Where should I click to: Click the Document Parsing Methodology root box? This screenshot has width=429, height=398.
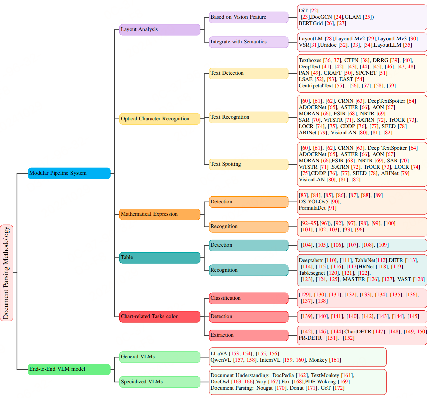click(x=6, y=273)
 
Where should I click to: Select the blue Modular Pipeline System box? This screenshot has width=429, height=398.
click(x=69, y=173)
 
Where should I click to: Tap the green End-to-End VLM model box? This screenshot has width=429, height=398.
click(x=69, y=369)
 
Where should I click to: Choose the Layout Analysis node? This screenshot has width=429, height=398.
click(x=160, y=29)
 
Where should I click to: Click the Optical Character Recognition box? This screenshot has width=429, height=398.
click(x=160, y=119)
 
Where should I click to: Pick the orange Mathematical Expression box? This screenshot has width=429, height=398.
click(x=160, y=214)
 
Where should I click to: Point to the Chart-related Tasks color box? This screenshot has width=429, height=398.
click(x=160, y=316)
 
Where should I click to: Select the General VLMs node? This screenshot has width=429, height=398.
click(x=160, y=357)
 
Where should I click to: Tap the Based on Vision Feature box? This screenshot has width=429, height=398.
click(x=248, y=17)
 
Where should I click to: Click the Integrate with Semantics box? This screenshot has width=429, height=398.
click(x=248, y=42)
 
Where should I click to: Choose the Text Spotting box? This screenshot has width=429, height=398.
click(x=248, y=164)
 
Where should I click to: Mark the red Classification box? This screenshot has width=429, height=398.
click(x=248, y=298)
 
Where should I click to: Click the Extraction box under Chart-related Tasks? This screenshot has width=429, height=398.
click(x=248, y=335)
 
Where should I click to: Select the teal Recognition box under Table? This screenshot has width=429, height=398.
click(x=248, y=270)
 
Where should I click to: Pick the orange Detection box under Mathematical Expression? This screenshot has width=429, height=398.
click(x=248, y=202)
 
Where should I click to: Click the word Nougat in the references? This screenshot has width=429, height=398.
click(x=265, y=388)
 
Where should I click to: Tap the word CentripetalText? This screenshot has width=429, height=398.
click(x=316, y=86)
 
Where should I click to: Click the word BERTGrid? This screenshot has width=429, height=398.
click(x=311, y=23)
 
